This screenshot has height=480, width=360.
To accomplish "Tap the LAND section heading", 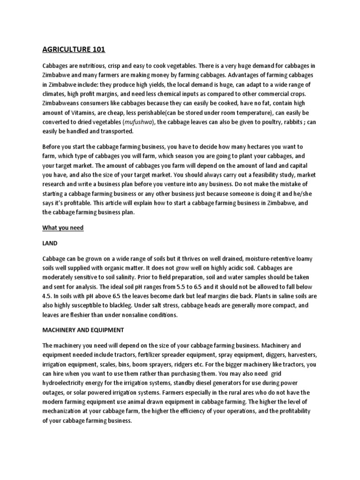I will pos(51,243).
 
